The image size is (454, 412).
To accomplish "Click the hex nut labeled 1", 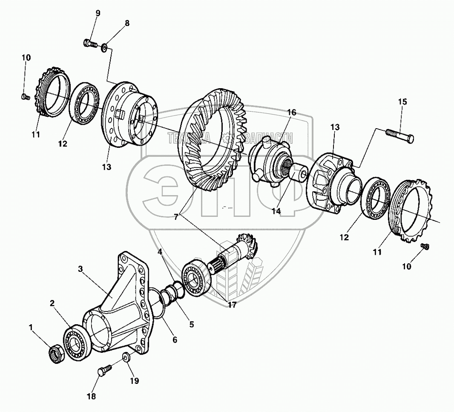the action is tap(56, 354).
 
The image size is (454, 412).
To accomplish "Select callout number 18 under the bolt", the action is tap(91, 396).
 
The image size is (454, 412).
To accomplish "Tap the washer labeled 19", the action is tap(126, 357).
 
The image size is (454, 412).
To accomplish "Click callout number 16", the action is tap(291, 112).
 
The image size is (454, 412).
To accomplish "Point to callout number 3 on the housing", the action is tap(80, 269).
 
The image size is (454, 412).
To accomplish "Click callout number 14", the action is tap(277, 210).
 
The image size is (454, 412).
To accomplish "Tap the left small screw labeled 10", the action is tap(24, 97).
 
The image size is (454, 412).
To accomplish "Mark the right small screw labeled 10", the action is tap(424, 247).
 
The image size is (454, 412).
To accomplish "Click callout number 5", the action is tap(191, 324).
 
